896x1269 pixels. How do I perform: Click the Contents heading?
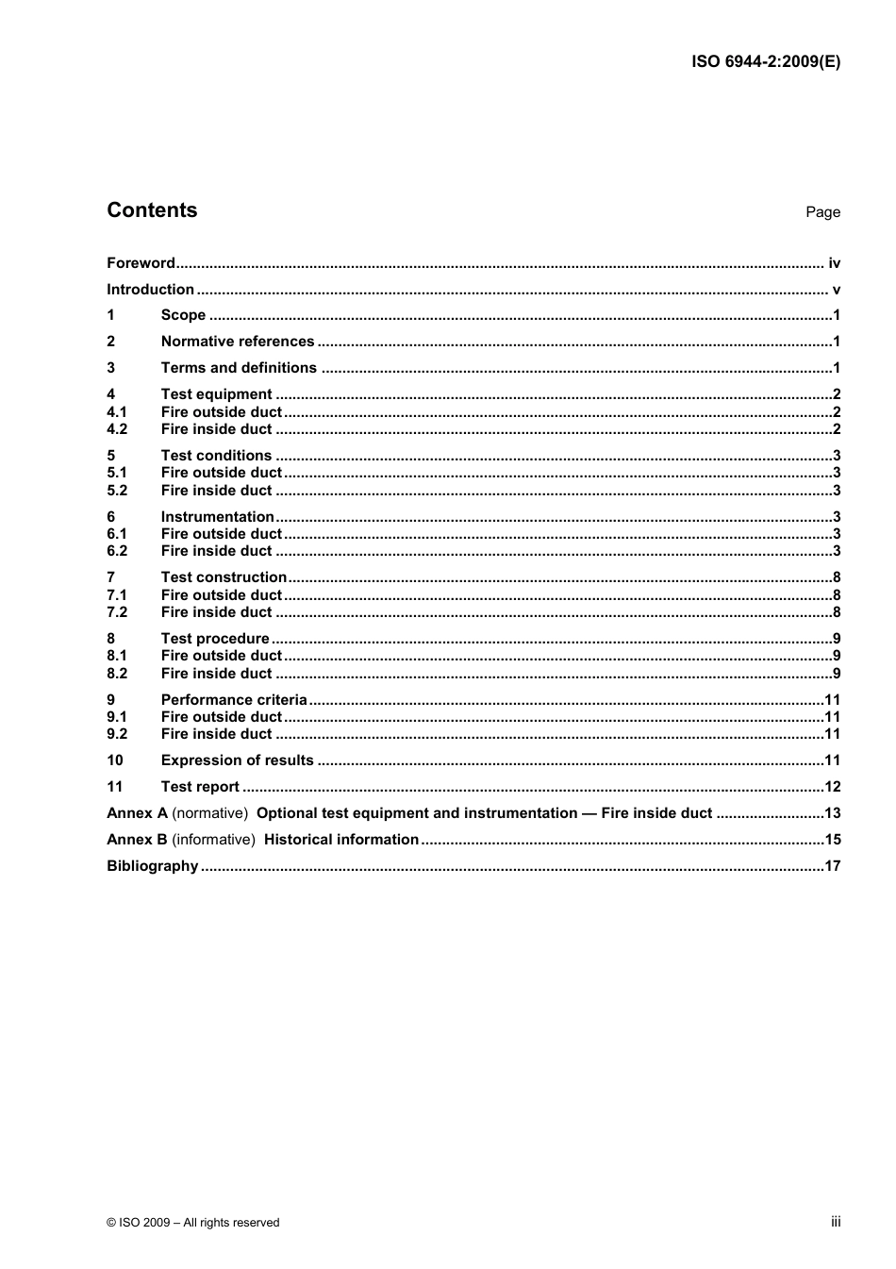(x=152, y=210)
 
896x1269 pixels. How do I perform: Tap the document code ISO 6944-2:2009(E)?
(x=765, y=61)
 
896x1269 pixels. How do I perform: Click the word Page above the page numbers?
(x=822, y=212)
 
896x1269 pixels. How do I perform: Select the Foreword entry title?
(x=141, y=263)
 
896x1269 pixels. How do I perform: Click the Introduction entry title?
(x=150, y=290)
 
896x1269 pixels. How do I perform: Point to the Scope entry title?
(x=183, y=315)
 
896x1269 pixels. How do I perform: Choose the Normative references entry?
(x=238, y=342)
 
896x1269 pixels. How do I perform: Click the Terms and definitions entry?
(x=239, y=368)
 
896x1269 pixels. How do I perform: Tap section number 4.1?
(x=117, y=412)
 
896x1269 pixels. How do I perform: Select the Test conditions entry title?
(x=216, y=456)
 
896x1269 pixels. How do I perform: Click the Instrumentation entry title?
(x=217, y=517)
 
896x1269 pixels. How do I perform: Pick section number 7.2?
(x=117, y=612)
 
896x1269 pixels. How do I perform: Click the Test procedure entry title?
(x=215, y=639)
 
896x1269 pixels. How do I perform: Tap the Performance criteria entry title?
(x=234, y=700)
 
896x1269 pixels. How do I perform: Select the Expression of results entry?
(x=237, y=760)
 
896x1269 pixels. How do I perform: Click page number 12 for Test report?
(x=832, y=787)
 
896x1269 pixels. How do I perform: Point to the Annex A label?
(x=137, y=813)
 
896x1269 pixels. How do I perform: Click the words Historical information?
(x=340, y=840)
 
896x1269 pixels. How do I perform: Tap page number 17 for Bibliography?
(x=832, y=866)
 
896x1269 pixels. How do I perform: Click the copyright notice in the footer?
(x=193, y=1222)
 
